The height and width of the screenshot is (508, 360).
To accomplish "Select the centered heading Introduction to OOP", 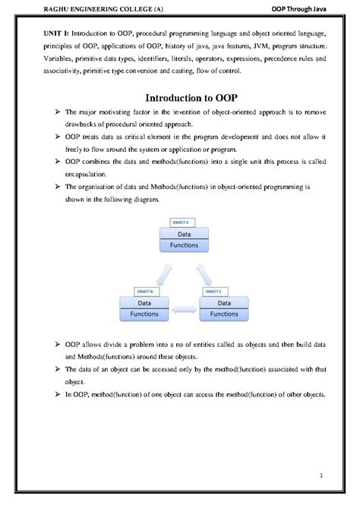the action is [x=179, y=97].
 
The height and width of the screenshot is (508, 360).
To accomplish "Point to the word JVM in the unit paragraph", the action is [x=259, y=47].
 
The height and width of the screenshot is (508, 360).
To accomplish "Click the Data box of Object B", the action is [x=144, y=301].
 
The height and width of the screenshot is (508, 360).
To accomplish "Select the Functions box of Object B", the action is [x=144, y=313].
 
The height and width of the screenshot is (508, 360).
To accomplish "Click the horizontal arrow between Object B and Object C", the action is [x=185, y=309].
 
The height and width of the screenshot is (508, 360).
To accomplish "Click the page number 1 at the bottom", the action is [x=321, y=476].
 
